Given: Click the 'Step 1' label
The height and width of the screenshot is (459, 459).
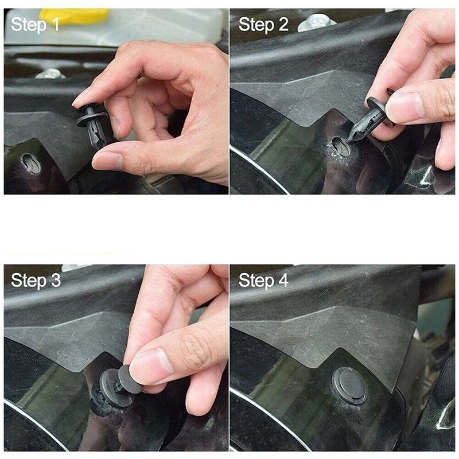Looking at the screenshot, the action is coord(35,24).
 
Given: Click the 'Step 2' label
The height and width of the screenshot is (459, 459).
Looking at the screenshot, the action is coord(263,24).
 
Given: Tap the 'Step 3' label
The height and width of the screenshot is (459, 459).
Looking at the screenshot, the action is coord(36,280).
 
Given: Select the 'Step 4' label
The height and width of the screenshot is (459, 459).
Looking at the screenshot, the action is coord(263,280).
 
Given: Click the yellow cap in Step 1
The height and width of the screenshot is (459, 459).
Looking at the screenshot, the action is coord(75,15).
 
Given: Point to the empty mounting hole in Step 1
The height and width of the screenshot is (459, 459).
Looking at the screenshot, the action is coord(32,164).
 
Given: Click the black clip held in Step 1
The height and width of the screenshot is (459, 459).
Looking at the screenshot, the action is coord(92,125).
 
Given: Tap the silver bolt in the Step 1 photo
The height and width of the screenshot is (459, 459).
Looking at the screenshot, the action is coord(50,73).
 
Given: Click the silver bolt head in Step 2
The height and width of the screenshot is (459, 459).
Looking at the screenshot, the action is coord(317,22).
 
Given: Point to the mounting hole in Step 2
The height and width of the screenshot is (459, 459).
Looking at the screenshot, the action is coord(341,146).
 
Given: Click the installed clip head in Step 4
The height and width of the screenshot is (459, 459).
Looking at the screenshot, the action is coord(349,385).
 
